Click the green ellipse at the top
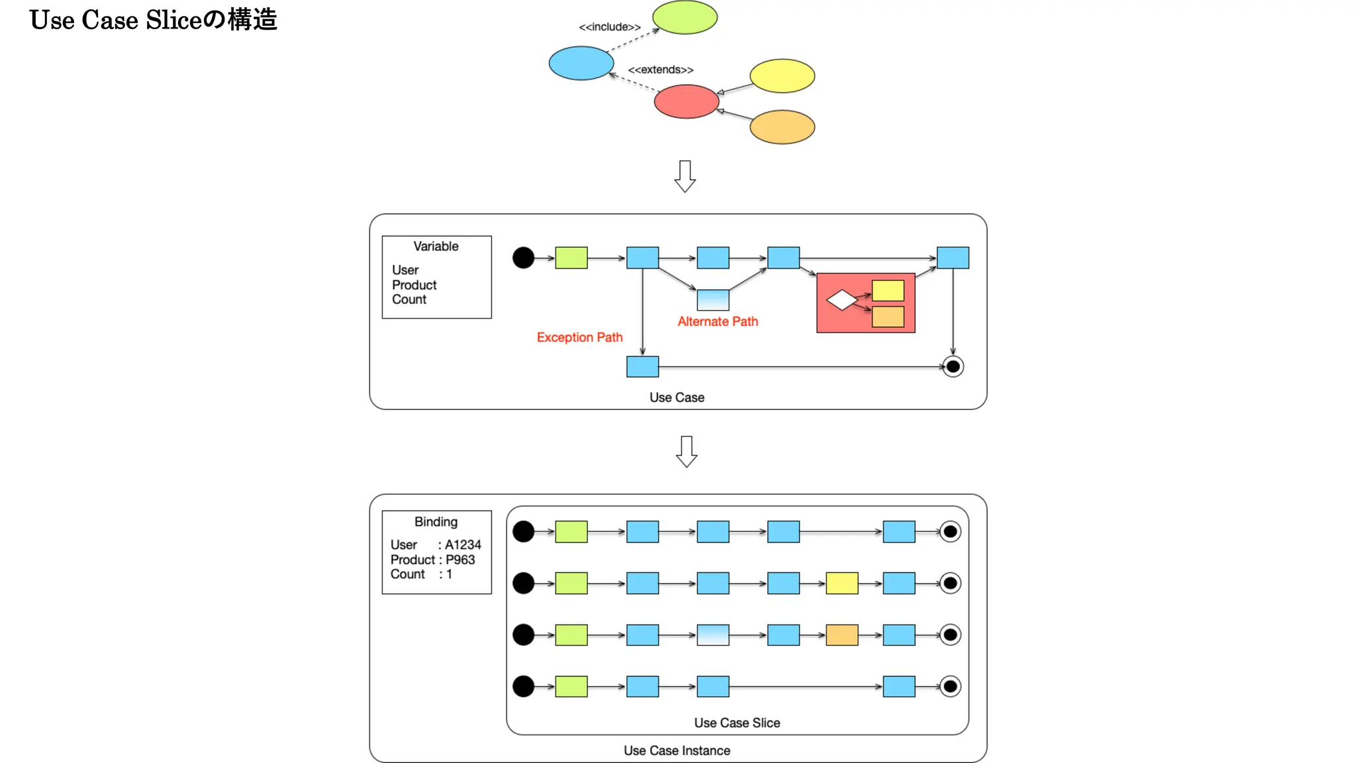pyautogui.click(x=685, y=17)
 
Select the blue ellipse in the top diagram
pyautogui.click(x=581, y=63)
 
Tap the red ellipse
pyautogui.click(x=686, y=101)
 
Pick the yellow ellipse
pyautogui.click(x=782, y=76)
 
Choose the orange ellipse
pyautogui.click(x=782, y=127)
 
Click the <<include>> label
pyautogui.click(x=610, y=27)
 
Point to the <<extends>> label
pyautogui.click(x=661, y=70)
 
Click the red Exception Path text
pyautogui.click(x=579, y=337)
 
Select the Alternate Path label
pyautogui.click(x=718, y=321)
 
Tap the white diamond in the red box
pyautogui.click(x=842, y=300)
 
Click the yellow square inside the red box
pyautogui.click(x=888, y=291)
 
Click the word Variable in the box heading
pyautogui.click(x=436, y=246)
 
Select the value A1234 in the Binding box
pyautogui.click(x=463, y=544)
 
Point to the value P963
pyautogui.click(x=460, y=560)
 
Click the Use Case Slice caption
pyautogui.click(x=737, y=723)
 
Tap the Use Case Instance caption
pyautogui.click(x=677, y=750)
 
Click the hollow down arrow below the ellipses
pyautogui.click(x=685, y=176)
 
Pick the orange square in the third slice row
pyautogui.click(x=842, y=635)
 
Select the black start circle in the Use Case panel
pyautogui.click(x=523, y=258)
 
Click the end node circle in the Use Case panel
pyautogui.click(x=953, y=366)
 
